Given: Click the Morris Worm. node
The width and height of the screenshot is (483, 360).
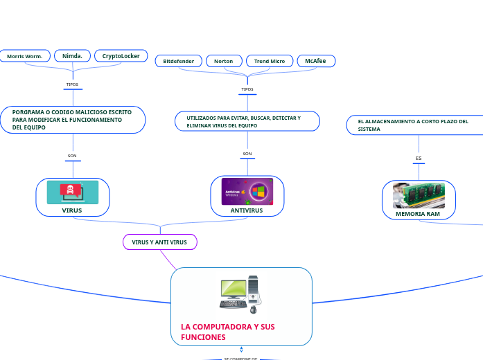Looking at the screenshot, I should (x=25, y=56).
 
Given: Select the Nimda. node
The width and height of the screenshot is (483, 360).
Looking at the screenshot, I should (x=72, y=56).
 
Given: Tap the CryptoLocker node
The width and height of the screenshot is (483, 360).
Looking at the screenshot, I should (x=121, y=56).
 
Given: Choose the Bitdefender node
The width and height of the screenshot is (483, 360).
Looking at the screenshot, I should (x=179, y=62).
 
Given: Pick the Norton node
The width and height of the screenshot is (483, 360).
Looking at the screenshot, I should (x=223, y=62).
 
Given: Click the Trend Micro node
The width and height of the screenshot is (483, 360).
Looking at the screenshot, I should (x=270, y=62).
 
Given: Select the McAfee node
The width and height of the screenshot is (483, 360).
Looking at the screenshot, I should (x=316, y=62).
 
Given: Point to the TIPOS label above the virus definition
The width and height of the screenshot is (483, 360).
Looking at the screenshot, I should (x=72, y=84).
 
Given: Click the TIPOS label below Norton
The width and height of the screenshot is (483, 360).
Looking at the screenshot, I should (x=247, y=89).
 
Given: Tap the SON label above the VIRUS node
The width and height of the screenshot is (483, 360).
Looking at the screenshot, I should (x=72, y=156).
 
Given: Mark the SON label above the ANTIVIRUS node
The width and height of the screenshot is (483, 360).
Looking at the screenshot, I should (x=247, y=154).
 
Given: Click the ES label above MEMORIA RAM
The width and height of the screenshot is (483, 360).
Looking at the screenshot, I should (x=419, y=159).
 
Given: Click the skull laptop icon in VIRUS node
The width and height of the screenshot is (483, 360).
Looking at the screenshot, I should (x=72, y=192).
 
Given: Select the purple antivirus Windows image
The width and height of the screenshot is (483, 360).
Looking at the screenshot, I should (x=247, y=191).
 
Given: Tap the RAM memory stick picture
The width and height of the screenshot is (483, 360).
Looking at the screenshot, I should (x=419, y=195).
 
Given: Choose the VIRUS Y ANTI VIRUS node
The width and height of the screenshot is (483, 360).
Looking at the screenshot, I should (x=159, y=242).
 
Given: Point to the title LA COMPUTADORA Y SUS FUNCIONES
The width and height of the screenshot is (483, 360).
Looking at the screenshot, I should (x=228, y=332).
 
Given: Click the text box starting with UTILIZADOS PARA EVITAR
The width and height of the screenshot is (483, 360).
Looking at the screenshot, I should (x=247, y=122).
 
